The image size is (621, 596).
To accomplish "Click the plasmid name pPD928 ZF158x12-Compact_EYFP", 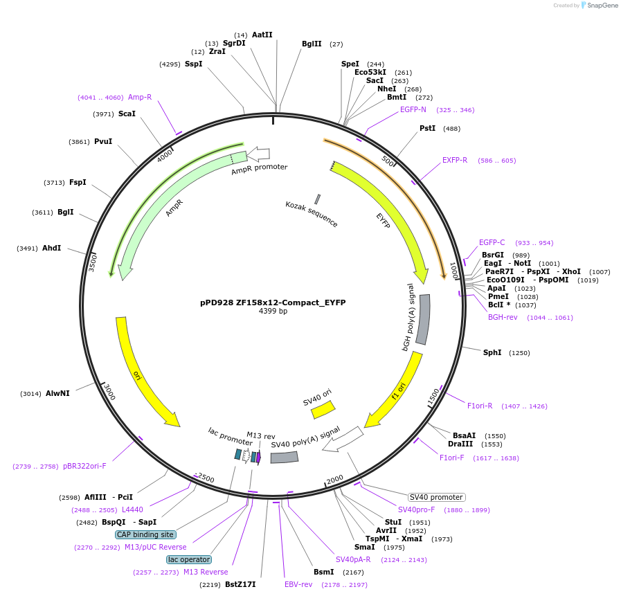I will (273, 302).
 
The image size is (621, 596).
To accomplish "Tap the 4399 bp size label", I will (273, 311).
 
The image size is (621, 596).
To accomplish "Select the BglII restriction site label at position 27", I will (312, 44).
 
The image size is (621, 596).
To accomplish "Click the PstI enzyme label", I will (427, 128).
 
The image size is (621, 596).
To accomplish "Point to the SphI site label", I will (492, 352).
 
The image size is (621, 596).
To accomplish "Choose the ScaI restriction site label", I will (127, 114).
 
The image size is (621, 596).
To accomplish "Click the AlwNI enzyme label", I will (57, 393).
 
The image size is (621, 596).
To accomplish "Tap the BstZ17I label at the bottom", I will (240, 584).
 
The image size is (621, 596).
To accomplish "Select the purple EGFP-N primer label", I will (413, 109).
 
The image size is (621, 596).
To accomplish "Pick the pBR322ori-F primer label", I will (84, 466).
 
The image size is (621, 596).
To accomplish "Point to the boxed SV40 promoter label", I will (436, 497).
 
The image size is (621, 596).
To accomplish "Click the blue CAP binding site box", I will (145, 534).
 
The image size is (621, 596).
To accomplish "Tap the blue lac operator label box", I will (189, 559).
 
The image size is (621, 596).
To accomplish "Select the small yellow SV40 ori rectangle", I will (323, 410).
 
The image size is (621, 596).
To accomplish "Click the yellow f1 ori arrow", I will (396, 392).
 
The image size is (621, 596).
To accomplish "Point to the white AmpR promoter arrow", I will (258, 154).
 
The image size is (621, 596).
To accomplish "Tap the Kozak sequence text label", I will (312, 214).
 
